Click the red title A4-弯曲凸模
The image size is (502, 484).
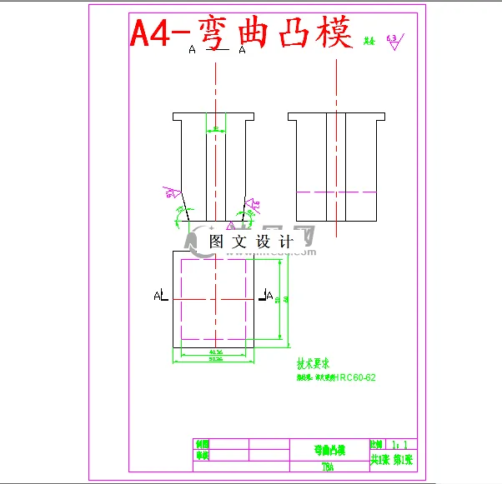coord(242,33)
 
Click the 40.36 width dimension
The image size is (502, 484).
coord(214,352)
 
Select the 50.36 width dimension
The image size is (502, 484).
coord(214,361)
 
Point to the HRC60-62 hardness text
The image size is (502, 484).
coord(355,377)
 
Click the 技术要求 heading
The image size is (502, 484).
coord(314,364)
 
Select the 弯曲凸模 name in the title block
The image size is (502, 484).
coord(329,449)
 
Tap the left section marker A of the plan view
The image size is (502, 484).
coord(159,295)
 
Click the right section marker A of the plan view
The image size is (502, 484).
coord(269,294)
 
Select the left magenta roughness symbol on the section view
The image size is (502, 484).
coord(172,193)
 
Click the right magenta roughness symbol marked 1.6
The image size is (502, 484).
coord(254,202)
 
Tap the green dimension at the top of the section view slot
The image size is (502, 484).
coord(216,129)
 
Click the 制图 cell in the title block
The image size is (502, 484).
coord(201,445)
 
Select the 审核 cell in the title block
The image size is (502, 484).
coord(201,456)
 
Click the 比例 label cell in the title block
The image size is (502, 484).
coord(375,447)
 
